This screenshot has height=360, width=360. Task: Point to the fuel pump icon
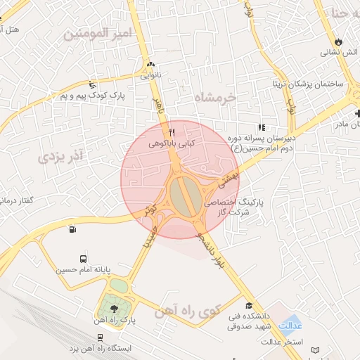72,229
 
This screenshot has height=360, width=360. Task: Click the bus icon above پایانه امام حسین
84,259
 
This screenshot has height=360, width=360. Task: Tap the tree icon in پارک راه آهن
115,309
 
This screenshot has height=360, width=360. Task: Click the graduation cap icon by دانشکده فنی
249,306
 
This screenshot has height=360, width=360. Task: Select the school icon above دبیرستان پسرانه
262,128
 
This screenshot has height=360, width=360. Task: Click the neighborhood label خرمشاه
215,98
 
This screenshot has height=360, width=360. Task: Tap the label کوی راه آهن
189,309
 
